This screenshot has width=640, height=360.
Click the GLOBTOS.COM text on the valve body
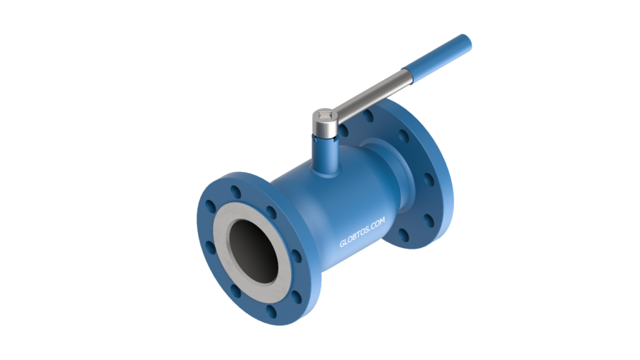[x=362, y=232]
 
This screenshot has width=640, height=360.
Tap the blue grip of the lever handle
[x=437, y=55]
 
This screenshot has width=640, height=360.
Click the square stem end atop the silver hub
[x=325, y=115]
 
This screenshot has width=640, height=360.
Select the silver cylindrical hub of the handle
[x=325, y=123]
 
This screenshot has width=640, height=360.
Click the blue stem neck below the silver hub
[x=325, y=153]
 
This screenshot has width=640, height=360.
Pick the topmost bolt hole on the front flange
[x=236, y=192]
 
